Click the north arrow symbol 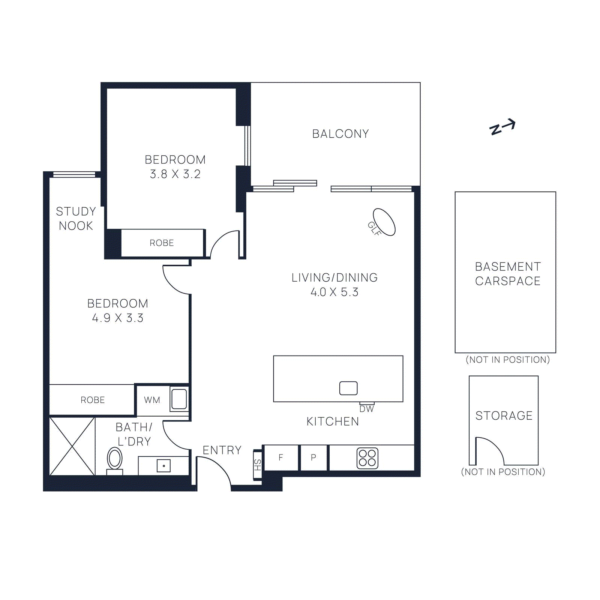[x=502, y=127]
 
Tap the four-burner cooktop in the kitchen [x=367, y=458]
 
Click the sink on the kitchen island [x=348, y=388]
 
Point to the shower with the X [x=72, y=446]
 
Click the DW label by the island [x=366, y=409]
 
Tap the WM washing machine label [x=152, y=400]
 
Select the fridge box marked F [x=281, y=457]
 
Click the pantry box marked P [x=313, y=457]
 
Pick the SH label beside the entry [x=257, y=465]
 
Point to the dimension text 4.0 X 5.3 [x=334, y=292]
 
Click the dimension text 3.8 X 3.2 [x=175, y=174]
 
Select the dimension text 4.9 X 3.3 [x=118, y=318]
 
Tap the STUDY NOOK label [x=76, y=218]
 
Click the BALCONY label [x=340, y=134]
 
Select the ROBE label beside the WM [x=93, y=400]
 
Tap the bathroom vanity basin [x=163, y=466]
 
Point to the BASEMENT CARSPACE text [x=508, y=274]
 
